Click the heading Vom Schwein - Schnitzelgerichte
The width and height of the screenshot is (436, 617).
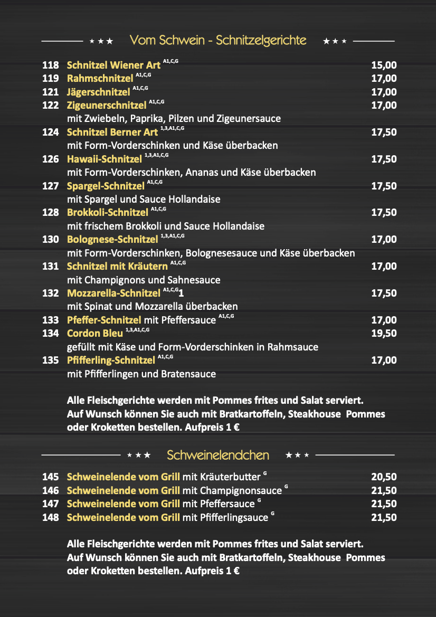(218, 41)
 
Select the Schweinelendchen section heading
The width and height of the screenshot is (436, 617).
(218, 455)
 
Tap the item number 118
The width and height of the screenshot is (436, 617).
(51, 65)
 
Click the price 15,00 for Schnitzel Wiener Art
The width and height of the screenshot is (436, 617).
(384, 65)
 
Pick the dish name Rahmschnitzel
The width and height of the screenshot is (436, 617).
(100, 79)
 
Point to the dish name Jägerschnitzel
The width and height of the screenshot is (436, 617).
(99, 92)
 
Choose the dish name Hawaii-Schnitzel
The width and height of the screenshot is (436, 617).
(105, 159)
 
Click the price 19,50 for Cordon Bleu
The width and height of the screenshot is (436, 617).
(384, 334)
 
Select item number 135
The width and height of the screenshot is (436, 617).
(51, 360)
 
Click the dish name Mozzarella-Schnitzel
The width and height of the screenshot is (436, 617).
(113, 293)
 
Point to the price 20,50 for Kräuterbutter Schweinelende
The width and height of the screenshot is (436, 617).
(384, 477)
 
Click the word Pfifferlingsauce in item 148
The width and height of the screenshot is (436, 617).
(234, 517)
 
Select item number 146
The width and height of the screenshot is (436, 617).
(51, 490)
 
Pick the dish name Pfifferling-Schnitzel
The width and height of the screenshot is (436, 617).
(111, 360)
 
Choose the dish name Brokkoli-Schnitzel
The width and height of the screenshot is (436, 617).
(108, 213)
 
